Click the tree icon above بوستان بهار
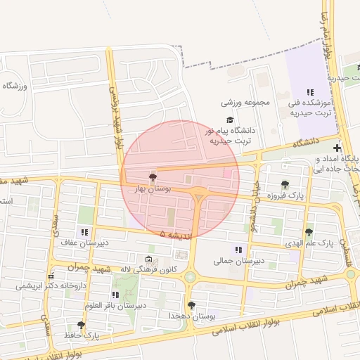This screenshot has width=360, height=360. click(x=152, y=176)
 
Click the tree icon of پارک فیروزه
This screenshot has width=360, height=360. click(x=285, y=184)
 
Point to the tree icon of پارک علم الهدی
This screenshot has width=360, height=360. click(x=309, y=231)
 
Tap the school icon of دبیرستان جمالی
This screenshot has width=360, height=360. click(x=238, y=249)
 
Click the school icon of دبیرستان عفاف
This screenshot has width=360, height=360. click(x=85, y=231)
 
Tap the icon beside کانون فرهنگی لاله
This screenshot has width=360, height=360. click(x=148, y=258)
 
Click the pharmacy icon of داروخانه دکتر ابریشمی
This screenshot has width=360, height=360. click(x=49, y=275)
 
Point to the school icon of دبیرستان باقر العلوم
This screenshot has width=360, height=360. click(x=115, y=294)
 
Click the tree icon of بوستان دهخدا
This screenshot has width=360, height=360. click(x=191, y=304)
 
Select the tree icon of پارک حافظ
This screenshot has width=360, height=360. click(x=81, y=325)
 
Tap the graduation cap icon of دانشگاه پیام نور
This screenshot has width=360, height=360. click(x=229, y=120)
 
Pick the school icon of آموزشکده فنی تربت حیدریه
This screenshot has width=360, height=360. click(x=309, y=92)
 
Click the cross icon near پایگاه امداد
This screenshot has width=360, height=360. click(x=338, y=148)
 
